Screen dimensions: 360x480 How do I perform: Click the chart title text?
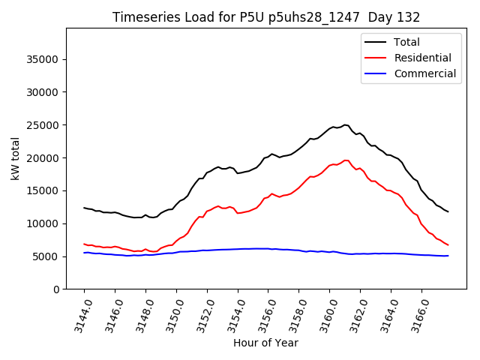pyautogui.click(x=266, y=17)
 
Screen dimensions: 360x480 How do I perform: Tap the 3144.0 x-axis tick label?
pyautogui.click(x=78, y=315)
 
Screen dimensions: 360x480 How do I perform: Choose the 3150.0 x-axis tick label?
pyautogui.click(x=170, y=315)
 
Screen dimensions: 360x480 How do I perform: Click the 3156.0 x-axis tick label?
pyautogui.click(x=262, y=315)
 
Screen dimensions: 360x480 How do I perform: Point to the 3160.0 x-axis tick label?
pyautogui.click(x=324, y=315)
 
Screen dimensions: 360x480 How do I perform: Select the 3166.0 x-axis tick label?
pyautogui.click(x=416, y=315)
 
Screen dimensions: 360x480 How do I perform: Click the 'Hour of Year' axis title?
pyautogui.click(x=265, y=343)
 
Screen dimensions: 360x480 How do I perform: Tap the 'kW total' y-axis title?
pyautogui.click(x=16, y=158)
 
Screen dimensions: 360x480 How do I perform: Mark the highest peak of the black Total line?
pyautogui.click(x=345, y=124)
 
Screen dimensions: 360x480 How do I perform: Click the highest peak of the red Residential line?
pyautogui.click(x=346, y=160)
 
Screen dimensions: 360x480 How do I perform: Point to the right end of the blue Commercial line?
pyautogui.click(x=448, y=256)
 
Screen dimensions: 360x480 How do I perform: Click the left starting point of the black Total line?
pyautogui.click(x=84, y=208)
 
